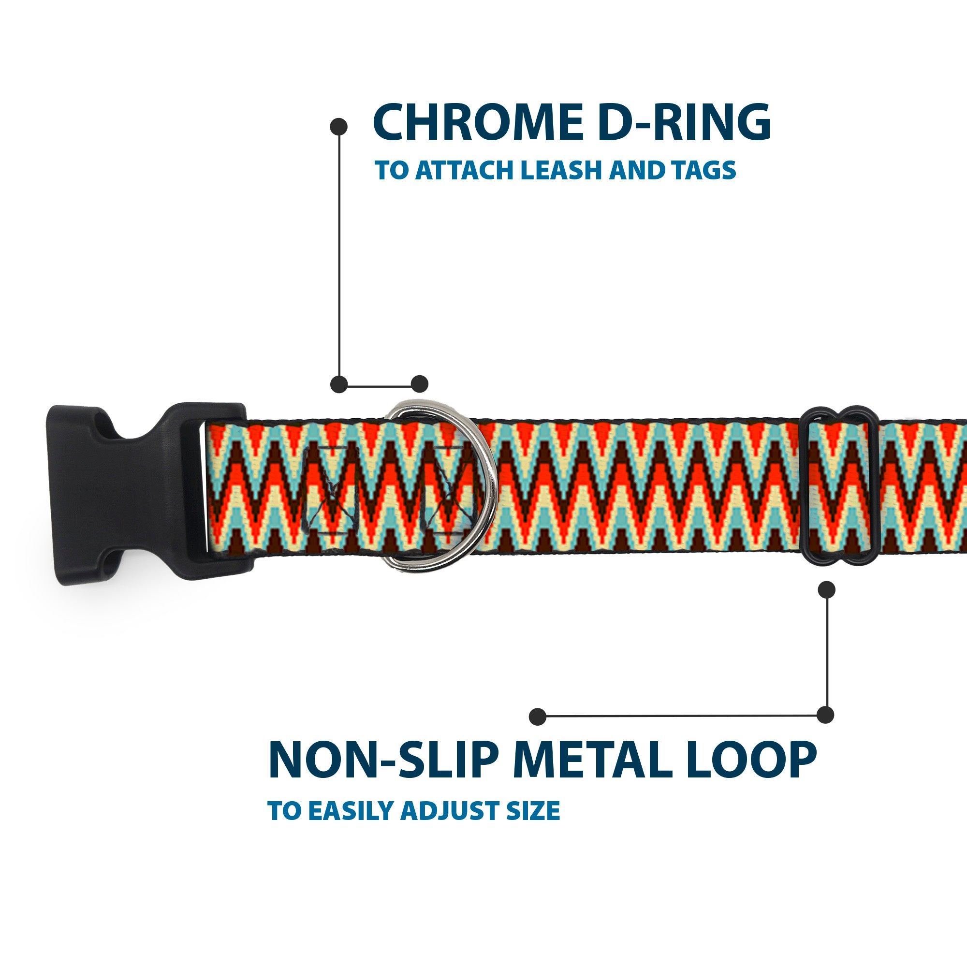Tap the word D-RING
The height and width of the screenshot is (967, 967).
coord(684,123)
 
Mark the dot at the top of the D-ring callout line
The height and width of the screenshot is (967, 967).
coord(339,126)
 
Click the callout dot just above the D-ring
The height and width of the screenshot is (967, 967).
coord(419,384)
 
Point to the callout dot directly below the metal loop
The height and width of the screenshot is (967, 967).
coord(826,589)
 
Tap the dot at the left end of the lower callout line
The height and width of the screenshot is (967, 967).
coord(538,716)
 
